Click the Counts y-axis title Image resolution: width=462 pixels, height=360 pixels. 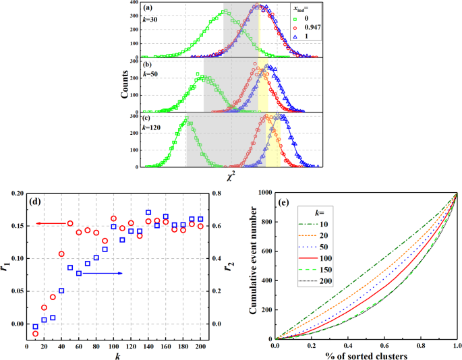[x=125, y=84]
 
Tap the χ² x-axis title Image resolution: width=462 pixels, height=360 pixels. [x=231, y=176]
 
